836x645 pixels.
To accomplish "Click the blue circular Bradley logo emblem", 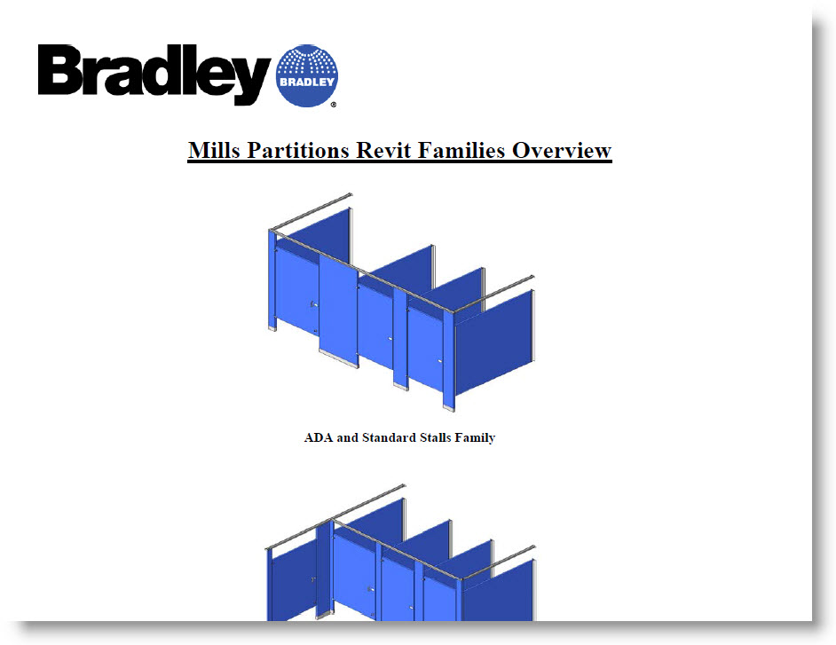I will (x=307, y=74).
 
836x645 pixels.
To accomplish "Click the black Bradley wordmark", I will (x=154, y=75).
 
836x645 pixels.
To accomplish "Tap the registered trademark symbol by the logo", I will (x=333, y=105).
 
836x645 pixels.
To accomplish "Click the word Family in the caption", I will (x=477, y=437).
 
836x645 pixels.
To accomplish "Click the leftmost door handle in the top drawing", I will (x=313, y=305).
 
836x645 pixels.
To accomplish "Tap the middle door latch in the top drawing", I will (x=390, y=338).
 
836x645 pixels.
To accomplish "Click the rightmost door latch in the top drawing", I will (x=440, y=361).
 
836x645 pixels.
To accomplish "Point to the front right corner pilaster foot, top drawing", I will (x=449, y=405).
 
